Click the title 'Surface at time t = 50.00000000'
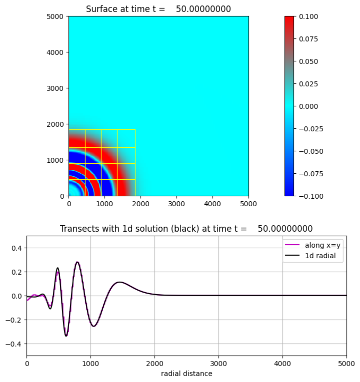tap(158, 9)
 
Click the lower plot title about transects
tap(186, 229)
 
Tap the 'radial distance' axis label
tap(186, 374)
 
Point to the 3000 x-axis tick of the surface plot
tap(176, 204)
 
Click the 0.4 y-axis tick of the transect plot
tap(18, 248)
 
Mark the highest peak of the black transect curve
tap(77, 262)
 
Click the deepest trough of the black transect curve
tap(66, 336)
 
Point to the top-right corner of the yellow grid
tap(135, 130)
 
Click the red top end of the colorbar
tap(289, 18)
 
